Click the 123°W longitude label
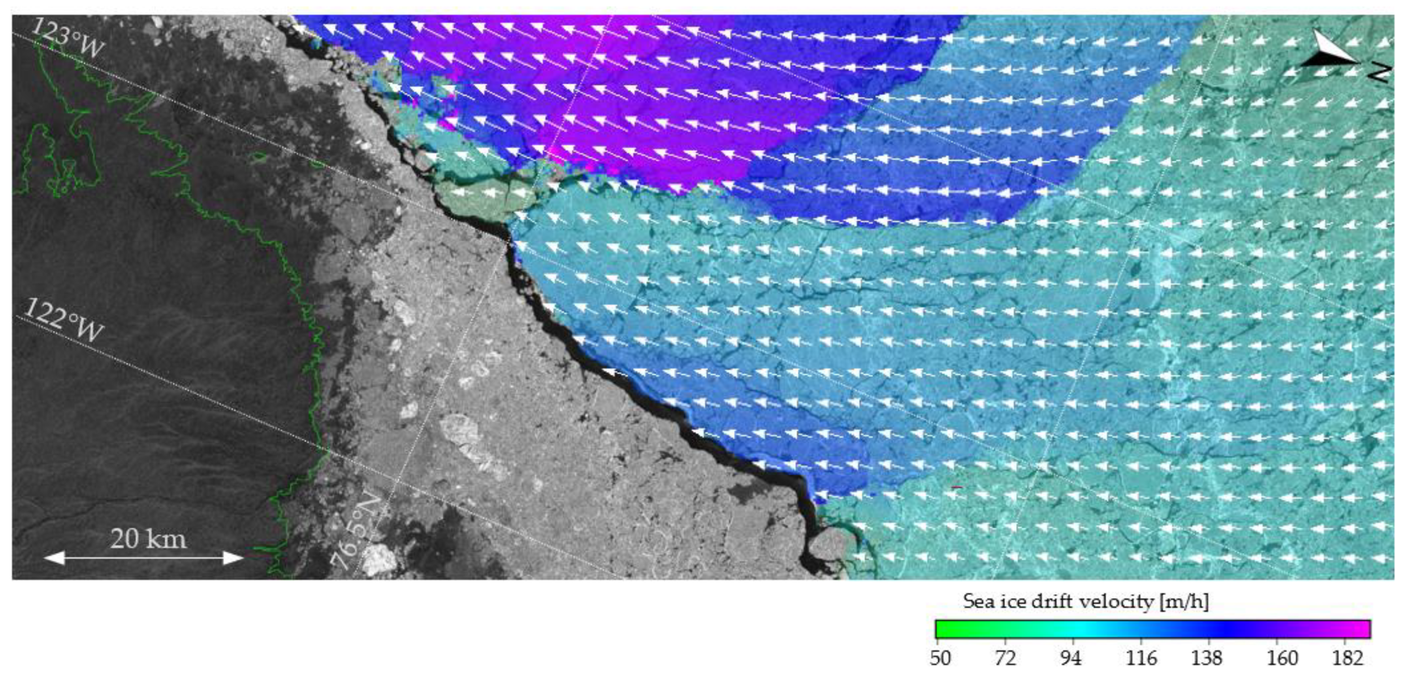pyautogui.click(x=68, y=37)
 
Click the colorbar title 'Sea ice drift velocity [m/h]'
pyautogui.click(x=1086, y=601)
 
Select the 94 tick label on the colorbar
pyautogui.click(x=1070, y=658)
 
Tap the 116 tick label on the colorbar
pyautogui.click(x=1141, y=658)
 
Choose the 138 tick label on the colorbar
pyautogui.click(x=1206, y=658)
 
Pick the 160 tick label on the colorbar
pyautogui.click(x=1282, y=658)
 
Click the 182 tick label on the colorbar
pyautogui.click(x=1347, y=658)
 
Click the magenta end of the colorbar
pyautogui.click(x=1363, y=629)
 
